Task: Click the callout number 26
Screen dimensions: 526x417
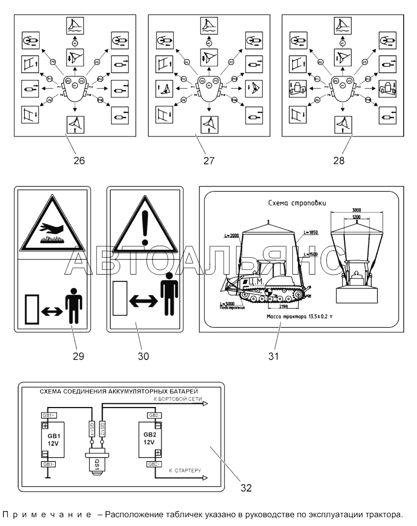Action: pyautogui.click(x=79, y=160)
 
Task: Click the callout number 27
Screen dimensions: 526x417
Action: pyautogui.click(x=208, y=160)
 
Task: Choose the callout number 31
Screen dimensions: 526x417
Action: pyautogui.click(x=273, y=356)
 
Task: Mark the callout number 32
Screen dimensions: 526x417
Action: pyautogui.click(x=246, y=487)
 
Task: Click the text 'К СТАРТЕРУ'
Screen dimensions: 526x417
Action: pyautogui.click(x=185, y=470)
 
